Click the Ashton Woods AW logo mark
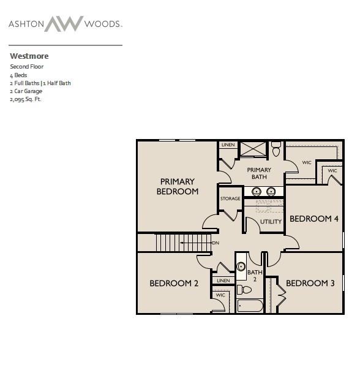pos(64,24)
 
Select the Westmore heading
pos(29,56)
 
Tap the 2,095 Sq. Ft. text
pos(26,99)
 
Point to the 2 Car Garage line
pos(26,91)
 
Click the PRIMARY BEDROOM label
pos(178,186)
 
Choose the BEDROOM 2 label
pos(174,283)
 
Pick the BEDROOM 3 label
pos(310,283)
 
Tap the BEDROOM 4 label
pos(314,219)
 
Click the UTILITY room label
pos(271,222)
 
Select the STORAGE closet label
pos(230,198)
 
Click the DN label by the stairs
pos(216,243)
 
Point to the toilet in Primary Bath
pos(276,149)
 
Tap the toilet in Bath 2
pos(244,289)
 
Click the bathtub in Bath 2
pos(250,306)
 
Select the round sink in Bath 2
pos(241,266)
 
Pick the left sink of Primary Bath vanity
pos(257,192)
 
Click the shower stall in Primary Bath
pos(253,149)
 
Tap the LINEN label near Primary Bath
pos(228,145)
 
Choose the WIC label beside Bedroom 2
pos(220,295)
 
